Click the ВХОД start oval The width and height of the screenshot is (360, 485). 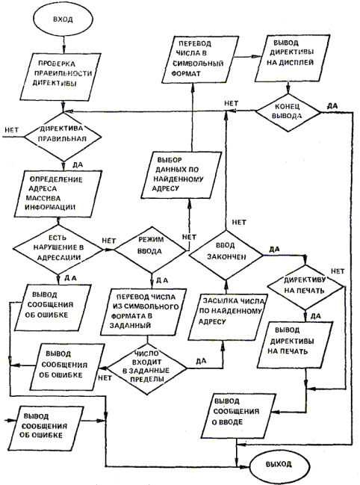click(x=63, y=19)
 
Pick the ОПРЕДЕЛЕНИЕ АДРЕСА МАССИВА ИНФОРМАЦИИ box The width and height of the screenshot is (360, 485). click(x=58, y=194)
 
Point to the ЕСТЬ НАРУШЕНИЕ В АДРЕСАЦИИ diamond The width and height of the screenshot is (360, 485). click(x=58, y=248)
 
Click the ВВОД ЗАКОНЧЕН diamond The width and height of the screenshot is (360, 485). click(x=226, y=255)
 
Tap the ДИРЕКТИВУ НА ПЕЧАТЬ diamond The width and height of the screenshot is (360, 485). click(x=305, y=286)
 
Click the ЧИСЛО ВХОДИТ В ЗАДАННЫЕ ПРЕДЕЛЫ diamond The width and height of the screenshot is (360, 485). click(x=147, y=368)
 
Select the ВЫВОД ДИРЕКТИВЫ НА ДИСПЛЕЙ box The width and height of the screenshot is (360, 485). click(x=289, y=58)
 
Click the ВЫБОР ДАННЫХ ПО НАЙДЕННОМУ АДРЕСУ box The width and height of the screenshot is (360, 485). click(x=181, y=175)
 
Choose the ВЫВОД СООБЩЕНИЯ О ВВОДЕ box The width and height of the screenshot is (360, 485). click(x=236, y=416)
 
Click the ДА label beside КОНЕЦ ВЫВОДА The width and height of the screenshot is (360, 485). click(x=332, y=106)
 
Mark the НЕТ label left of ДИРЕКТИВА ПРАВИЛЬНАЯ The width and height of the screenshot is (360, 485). click(x=12, y=130)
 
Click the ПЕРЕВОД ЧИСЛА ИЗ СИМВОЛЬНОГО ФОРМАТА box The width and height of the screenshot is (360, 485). click(x=144, y=311)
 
